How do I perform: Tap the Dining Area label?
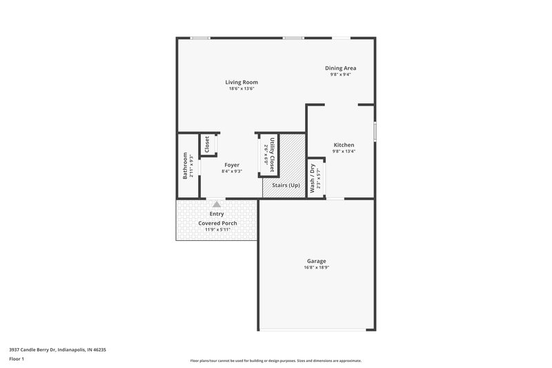pyautogui.click(x=340, y=68)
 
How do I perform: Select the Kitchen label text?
pyautogui.click(x=343, y=145)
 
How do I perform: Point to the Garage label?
pyautogui.click(x=317, y=261)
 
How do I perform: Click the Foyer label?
pyautogui.click(x=232, y=165)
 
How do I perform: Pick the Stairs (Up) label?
pyautogui.click(x=284, y=185)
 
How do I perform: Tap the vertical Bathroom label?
pyautogui.click(x=185, y=166)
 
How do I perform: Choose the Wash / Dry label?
pyautogui.click(x=312, y=177)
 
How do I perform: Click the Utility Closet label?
pyautogui.click(x=273, y=155)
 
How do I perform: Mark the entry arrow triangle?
pyautogui.click(x=217, y=204)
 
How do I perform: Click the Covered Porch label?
pyautogui.click(x=217, y=223)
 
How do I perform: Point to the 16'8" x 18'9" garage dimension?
pyautogui.click(x=317, y=267)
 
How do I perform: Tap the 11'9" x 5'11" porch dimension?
pyautogui.click(x=217, y=229)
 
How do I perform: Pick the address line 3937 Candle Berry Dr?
pyautogui.click(x=57, y=349)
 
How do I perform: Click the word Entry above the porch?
pyautogui.click(x=217, y=214)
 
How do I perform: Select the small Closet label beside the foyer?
pyautogui.click(x=206, y=144)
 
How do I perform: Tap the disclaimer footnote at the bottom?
pyautogui.click(x=275, y=360)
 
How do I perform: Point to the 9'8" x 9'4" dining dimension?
pyautogui.click(x=340, y=75)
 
